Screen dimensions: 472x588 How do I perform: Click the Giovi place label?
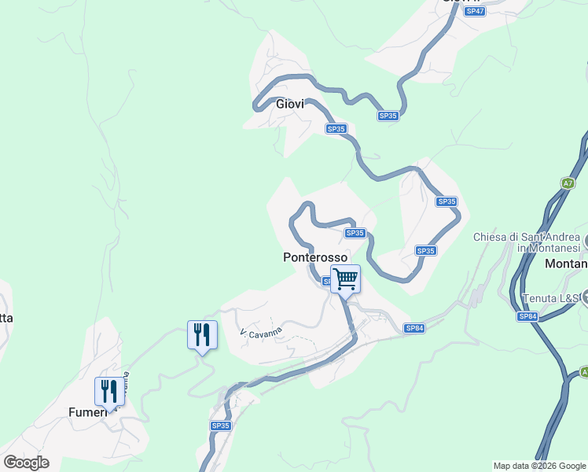tap(290, 104)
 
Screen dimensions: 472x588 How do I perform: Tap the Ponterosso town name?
tap(315, 257)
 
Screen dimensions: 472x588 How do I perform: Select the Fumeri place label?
tap(86, 411)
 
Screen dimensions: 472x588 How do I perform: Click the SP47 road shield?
tap(473, 11)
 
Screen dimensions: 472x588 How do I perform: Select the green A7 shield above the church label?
tap(568, 183)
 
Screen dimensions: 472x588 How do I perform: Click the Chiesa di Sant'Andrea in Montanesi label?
tap(527, 242)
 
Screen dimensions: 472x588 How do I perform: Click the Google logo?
tap(26, 463)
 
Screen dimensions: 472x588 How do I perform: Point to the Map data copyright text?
tap(539, 466)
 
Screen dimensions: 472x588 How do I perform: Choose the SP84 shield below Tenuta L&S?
tap(527, 316)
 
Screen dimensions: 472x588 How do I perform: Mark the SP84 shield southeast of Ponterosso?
tap(414, 328)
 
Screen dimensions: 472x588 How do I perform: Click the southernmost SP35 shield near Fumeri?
tap(221, 426)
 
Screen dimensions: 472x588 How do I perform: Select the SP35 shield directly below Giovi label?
tap(336, 129)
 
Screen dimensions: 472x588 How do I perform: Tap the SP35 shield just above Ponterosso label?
tap(355, 233)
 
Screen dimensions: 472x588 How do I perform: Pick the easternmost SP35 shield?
tap(447, 202)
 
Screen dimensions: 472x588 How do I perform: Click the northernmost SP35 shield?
tap(388, 116)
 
